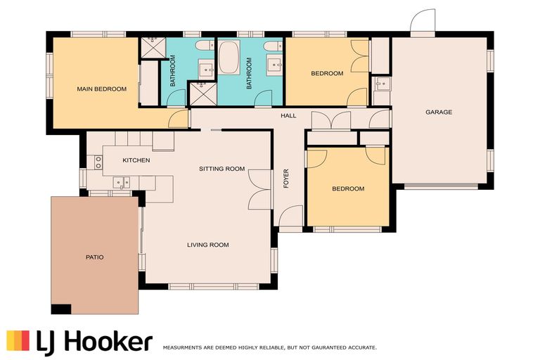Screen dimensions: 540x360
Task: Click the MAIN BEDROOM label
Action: click(101, 89)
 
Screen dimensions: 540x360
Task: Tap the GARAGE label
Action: click(439, 112)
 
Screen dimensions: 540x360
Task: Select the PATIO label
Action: click(94, 257)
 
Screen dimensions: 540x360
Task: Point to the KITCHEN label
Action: click(136, 160)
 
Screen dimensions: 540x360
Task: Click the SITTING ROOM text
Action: click(221, 169)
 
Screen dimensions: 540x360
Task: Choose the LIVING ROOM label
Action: click(208, 245)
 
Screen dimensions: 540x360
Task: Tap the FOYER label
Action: click(286, 179)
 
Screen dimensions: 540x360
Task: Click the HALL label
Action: click(288, 116)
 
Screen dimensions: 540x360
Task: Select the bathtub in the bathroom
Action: click(229, 58)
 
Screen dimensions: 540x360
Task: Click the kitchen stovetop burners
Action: click(98, 162)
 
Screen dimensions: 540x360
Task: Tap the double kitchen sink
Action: click(121, 182)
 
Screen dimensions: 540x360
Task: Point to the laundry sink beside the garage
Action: click(381, 83)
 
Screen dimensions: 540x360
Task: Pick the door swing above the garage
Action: click(423, 20)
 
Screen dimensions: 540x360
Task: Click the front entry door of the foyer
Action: click(291, 216)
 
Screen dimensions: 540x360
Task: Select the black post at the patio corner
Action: click(61, 309)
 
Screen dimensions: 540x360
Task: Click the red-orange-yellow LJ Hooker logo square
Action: click(18, 340)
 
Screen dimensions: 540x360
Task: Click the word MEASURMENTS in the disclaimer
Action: click(181, 348)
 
